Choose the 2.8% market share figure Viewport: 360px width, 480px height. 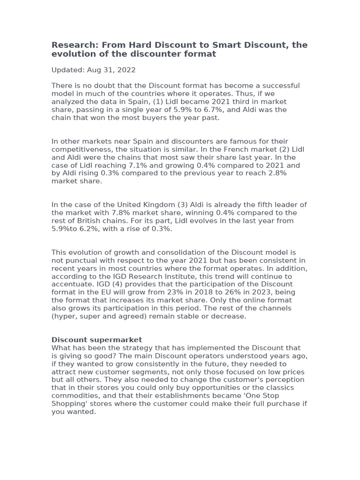(x=277, y=173)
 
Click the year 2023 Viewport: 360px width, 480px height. (x=247, y=292)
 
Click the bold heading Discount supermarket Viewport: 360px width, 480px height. (x=97, y=339)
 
